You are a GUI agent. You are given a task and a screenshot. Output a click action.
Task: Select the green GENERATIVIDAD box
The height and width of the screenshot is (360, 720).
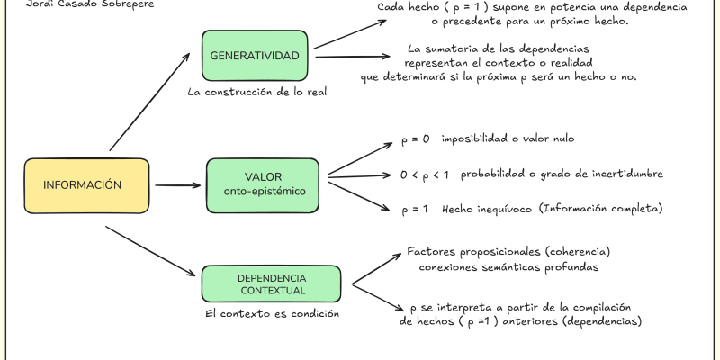pyautogui.click(x=255, y=57)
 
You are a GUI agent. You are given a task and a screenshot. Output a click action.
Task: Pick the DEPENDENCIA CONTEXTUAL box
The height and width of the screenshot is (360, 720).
pyautogui.click(x=271, y=283)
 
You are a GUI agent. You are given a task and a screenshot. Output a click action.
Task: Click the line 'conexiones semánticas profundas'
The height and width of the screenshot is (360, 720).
pyautogui.click(x=508, y=266)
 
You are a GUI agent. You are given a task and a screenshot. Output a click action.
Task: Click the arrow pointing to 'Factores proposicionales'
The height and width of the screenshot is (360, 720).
pyautogui.click(x=376, y=268)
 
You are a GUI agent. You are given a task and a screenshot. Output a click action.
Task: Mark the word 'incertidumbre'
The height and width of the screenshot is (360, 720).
pyautogui.click(x=618, y=173)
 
